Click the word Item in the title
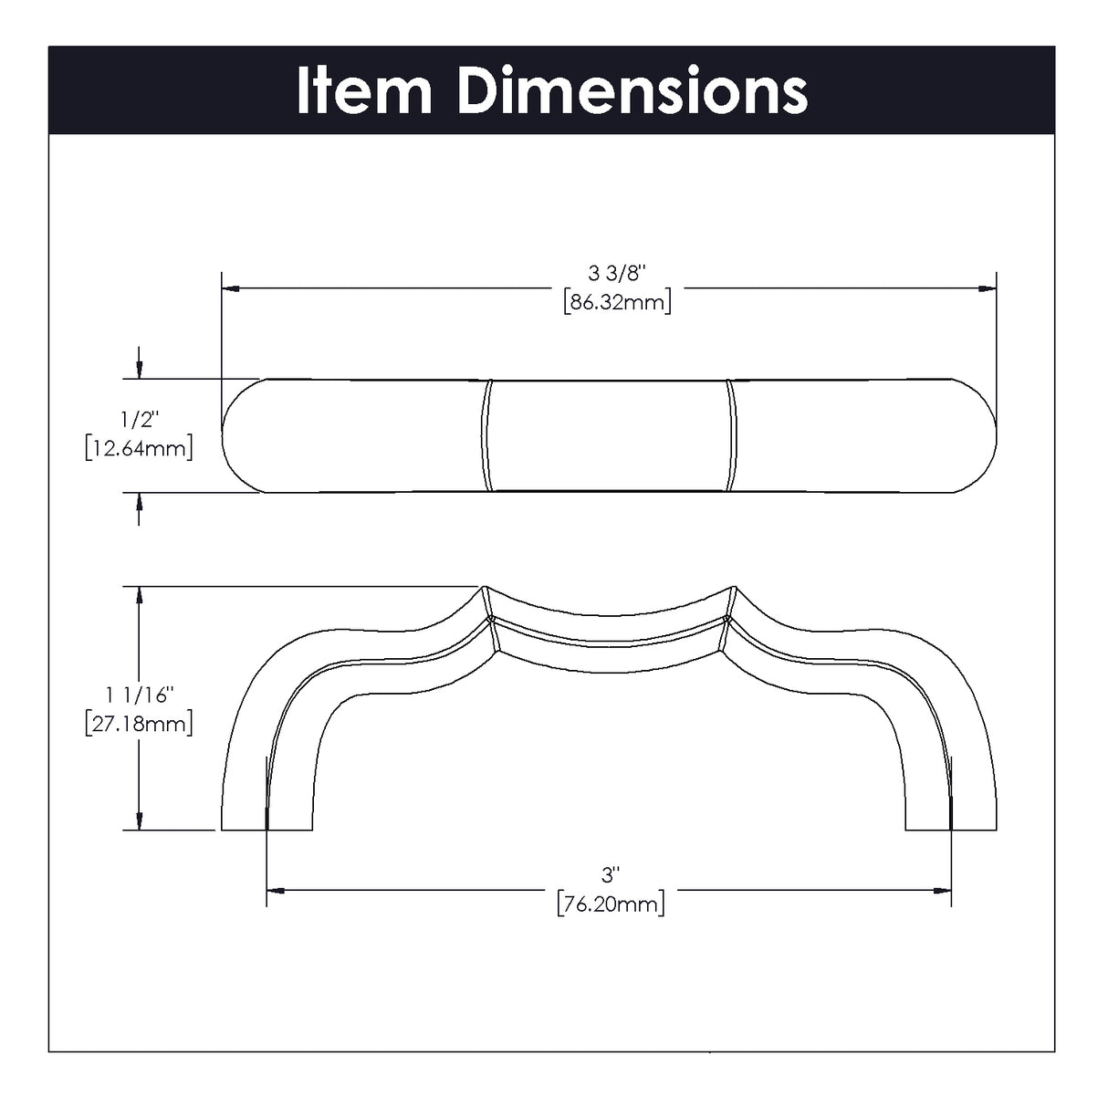click(363, 91)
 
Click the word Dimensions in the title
click(632, 91)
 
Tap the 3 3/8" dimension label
click(617, 273)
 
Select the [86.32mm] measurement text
click(617, 301)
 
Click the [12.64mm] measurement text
click(139, 448)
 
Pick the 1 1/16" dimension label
click(139, 695)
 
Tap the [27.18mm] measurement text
click(139, 724)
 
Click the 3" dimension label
click(610, 875)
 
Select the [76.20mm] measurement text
click(611, 904)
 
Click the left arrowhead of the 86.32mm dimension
click(231, 288)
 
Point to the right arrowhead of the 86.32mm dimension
click(988, 288)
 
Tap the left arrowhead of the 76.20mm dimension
click(276, 891)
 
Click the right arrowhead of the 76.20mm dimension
click(942, 891)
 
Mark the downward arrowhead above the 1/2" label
click(139, 370)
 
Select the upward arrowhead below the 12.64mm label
click(139, 502)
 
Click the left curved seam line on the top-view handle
click(486, 435)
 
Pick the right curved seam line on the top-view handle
click(732, 435)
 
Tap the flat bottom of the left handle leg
click(267, 830)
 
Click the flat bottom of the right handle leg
click(951, 830)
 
